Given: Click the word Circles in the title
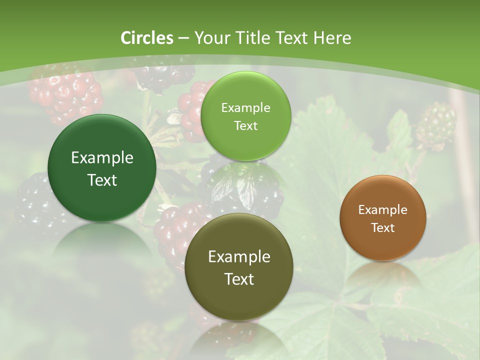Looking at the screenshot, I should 147,38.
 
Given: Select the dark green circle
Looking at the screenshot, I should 102,168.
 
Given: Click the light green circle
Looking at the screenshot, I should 245,116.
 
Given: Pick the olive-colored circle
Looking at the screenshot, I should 239,267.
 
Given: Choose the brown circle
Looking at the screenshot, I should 383,218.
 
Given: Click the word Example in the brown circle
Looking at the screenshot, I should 383,210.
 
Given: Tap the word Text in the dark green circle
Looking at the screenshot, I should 102,180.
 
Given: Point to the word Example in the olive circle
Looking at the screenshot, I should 239,257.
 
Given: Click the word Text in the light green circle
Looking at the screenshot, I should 245,126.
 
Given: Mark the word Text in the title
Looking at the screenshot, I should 292,38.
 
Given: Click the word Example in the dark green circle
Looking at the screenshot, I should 102,158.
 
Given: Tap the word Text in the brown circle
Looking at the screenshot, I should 383,228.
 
